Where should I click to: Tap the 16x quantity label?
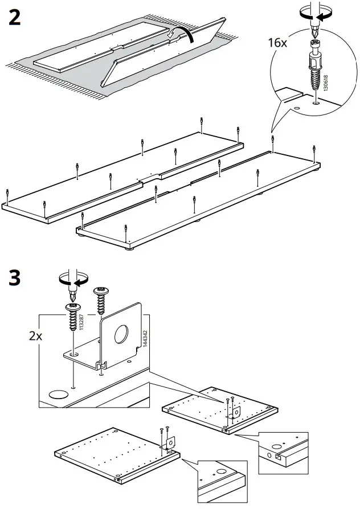pos(278,43)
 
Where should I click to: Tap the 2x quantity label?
pos(35,335)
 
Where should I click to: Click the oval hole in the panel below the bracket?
pos(58,393)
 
